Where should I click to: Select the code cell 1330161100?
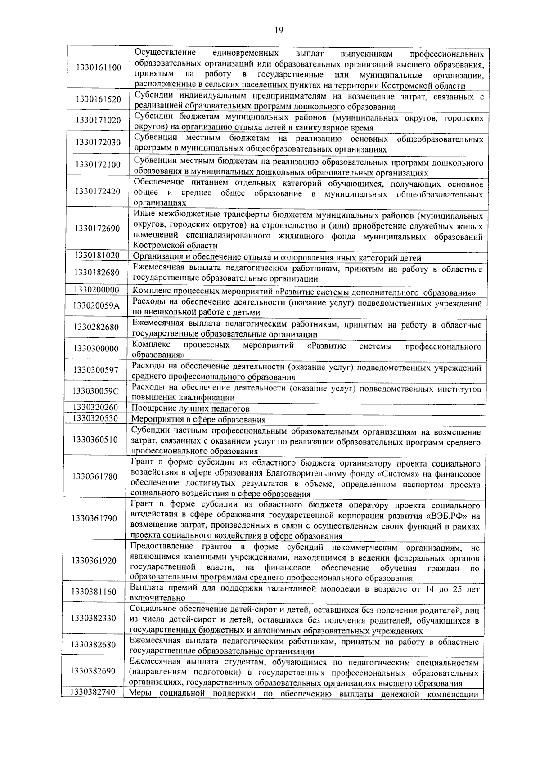click(99, 68)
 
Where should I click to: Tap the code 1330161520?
click(99, 99)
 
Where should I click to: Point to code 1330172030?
click(99, 143)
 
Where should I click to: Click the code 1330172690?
click(98, 229)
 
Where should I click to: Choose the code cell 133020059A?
click(96, 306)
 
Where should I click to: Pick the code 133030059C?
click(96, 391)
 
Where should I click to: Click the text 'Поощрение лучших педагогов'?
click(190, 408)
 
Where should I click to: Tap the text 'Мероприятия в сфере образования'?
click(198, 420)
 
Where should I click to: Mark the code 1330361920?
click(94, 561)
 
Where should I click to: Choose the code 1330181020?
click(97, 256)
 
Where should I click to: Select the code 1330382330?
click(94, 619)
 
